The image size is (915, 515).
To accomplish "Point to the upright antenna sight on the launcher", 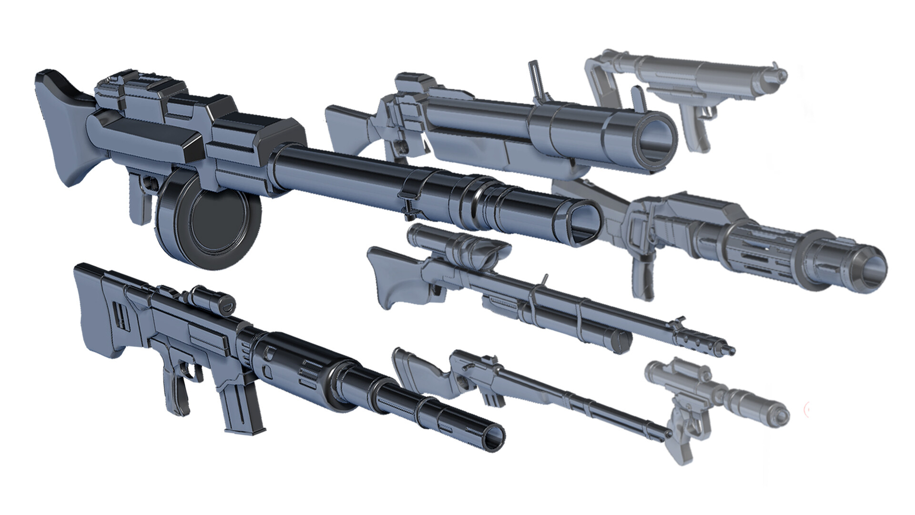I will coord(537,79).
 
